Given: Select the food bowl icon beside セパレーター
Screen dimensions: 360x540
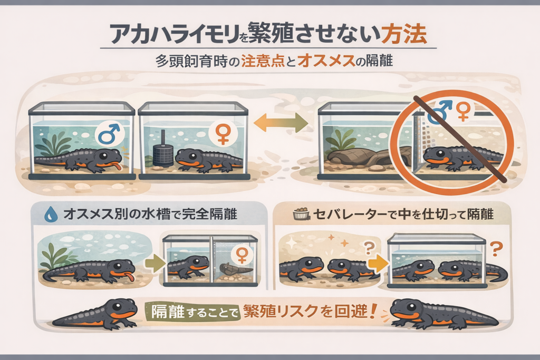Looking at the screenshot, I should tap(301, 215).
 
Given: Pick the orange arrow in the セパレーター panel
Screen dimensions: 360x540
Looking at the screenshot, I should tap(375, 262).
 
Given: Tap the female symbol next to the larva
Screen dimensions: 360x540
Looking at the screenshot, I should tap(241, 255).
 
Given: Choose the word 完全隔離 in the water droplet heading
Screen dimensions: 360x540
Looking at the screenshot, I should tap(214, 215).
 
